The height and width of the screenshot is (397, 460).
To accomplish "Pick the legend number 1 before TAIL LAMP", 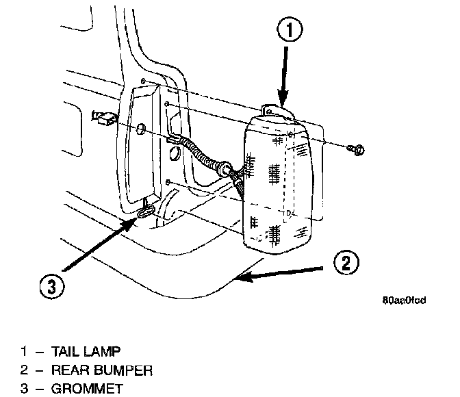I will tap(24, 352).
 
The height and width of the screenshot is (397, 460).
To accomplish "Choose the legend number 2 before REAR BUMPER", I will tap(24, 370).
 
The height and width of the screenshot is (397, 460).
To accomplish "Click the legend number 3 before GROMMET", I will tap(24, 388).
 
